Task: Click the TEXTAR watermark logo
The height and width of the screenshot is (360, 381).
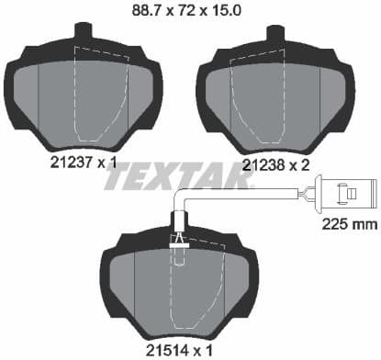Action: point(190,174)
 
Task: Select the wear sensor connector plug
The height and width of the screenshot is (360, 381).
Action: point(345,195)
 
